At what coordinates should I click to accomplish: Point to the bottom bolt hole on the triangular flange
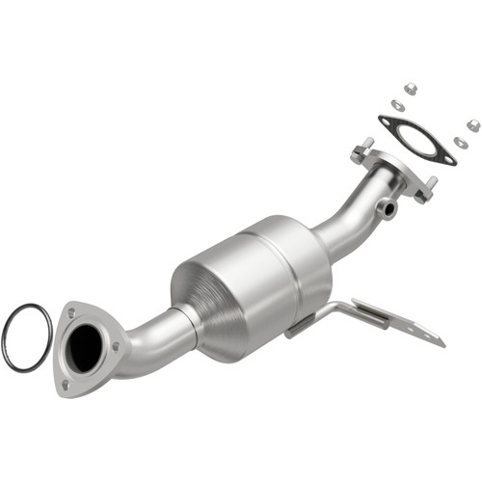pyautogui.click(x=67, y=383)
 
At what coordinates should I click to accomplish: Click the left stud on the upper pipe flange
pyautogui.click(x=365, y=147)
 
